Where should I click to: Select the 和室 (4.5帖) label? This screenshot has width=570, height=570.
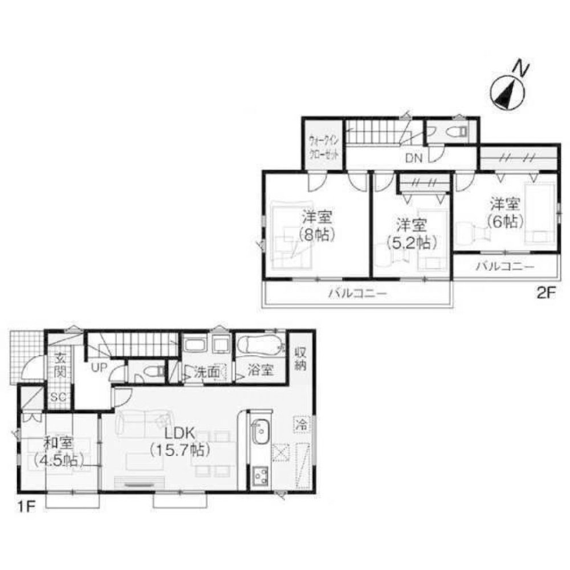point(57,451)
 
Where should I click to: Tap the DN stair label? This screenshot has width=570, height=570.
point(414,158)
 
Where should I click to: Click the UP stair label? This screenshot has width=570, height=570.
point(99,368)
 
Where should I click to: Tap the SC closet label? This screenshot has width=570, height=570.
point(58,397)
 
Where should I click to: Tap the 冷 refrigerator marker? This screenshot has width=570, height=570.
point(302,424)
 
